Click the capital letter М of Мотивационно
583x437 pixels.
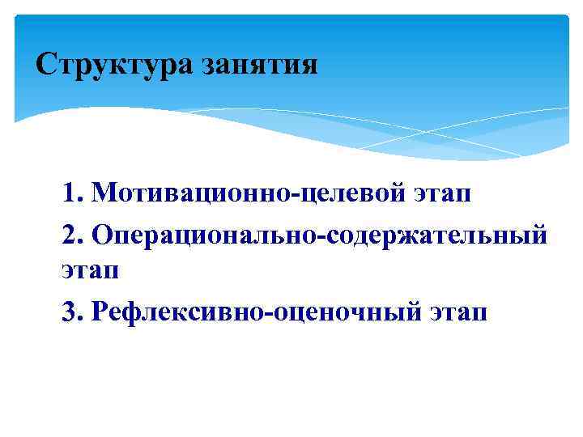104,193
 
